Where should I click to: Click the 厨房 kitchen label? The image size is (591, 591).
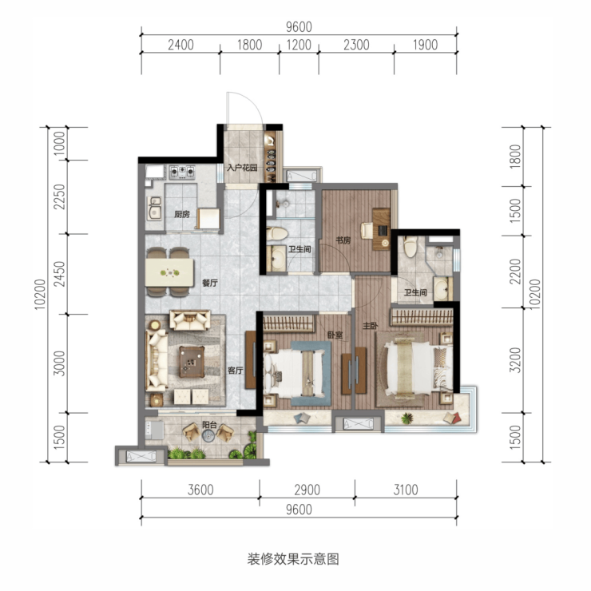(x=181, y=215)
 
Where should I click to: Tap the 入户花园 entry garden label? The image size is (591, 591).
(x=242, y=168)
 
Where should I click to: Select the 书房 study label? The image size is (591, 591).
(x=343, y=240)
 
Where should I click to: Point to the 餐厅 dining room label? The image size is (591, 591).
(x=210, y=283)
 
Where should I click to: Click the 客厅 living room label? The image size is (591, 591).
(x=235, y=370)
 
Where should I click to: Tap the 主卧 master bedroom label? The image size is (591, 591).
(x=370, y=326)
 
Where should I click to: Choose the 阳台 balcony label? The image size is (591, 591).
(x=209, y=425)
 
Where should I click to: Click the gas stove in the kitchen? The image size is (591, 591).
(x=182, y=172)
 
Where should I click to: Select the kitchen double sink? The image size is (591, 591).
(x=154, y=208)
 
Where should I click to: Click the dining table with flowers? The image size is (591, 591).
(x=169, y=272)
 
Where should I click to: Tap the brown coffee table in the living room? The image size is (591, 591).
(x=192, y=362)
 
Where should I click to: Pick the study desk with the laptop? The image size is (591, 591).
(x=382, y=228)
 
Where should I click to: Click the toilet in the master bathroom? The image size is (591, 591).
(x=411, y=247)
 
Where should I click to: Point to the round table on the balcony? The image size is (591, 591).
(x=208, y=436)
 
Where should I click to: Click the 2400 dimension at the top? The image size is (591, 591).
(x=181, y=45)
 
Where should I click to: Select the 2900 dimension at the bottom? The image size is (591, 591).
(x=307, y=490)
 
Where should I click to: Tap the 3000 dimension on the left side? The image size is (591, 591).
(x=59, y=363)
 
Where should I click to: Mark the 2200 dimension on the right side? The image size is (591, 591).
(x=515, y=272)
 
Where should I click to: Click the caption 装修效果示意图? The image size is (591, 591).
(x=293, y=558)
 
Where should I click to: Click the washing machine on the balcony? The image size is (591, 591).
(x=154, y=430)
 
